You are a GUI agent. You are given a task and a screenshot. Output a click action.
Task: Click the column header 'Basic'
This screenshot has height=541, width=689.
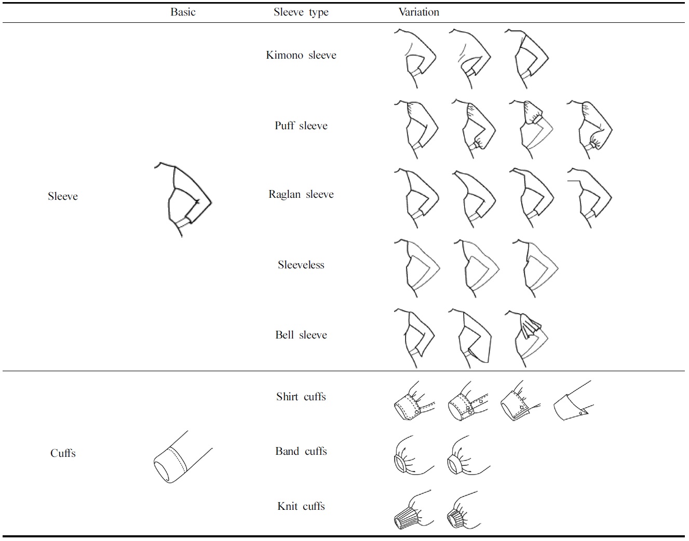[x=183, y=12]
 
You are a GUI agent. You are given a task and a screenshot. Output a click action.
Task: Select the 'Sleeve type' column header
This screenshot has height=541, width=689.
[x=301, y=12]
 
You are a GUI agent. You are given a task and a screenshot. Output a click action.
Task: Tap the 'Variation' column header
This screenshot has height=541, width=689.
[x=418, y=12]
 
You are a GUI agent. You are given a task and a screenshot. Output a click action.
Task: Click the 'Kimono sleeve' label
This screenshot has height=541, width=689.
[x=301, y=55]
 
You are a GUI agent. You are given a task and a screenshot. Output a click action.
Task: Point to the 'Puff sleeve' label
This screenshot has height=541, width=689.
[x=301, y=126]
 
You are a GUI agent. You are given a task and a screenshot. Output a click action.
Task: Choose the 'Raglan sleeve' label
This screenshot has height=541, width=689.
[x=301, y=194]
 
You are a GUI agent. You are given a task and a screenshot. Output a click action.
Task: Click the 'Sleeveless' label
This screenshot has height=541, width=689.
[x=301, y=265]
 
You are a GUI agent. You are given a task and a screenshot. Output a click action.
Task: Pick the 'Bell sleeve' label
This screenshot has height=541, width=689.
[x=301, y=335]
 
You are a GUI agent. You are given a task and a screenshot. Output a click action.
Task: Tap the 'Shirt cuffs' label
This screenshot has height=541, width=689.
[x=301, y=397]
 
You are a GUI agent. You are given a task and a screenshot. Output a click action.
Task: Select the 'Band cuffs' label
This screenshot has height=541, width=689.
[x=301, y=451]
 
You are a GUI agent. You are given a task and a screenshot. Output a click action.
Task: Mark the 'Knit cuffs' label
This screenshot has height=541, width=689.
[x=301, y=506]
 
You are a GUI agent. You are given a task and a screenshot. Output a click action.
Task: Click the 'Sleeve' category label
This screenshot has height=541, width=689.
[x=62, y=196]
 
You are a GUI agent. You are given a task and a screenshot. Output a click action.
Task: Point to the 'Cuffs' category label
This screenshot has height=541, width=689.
[x=62, y=453]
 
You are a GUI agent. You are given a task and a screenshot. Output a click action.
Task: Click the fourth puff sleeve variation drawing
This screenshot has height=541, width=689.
[x=590, y=129]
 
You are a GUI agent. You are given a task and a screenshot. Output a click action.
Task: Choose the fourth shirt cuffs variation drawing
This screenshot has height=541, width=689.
[x=574, y=401]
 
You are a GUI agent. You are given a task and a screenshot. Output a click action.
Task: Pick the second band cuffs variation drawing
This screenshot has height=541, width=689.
[x=467, y=456]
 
